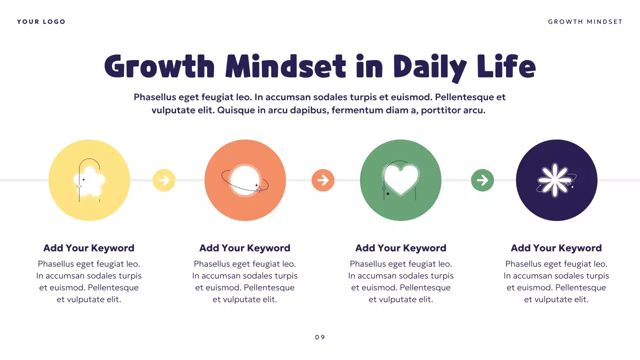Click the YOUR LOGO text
pyautogui.click(x=41, y=22)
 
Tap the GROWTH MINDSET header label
pyautogui.click(x=585, y=22)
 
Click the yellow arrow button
pyautogui.click(x=164, y=180)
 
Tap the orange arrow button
pyautogui.click(x=323, y=180)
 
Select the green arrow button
pyautogui.click(x=482, y=180)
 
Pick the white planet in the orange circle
pyautogui.click(x=245, y=180)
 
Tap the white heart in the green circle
pyautogui.click(x=400, y=179)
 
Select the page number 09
pyautogui.click(x=320, y=337)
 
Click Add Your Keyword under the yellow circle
pyautogui.click(x=89, y=248)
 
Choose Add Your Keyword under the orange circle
pyautogui.click(x=245, y=248)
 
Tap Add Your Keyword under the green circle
pyautogui.click(x=400, y=248)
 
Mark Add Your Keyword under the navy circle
pyautogui.click(x=556, y=248)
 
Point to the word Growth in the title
pyautogui.click(x=159, y=66)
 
